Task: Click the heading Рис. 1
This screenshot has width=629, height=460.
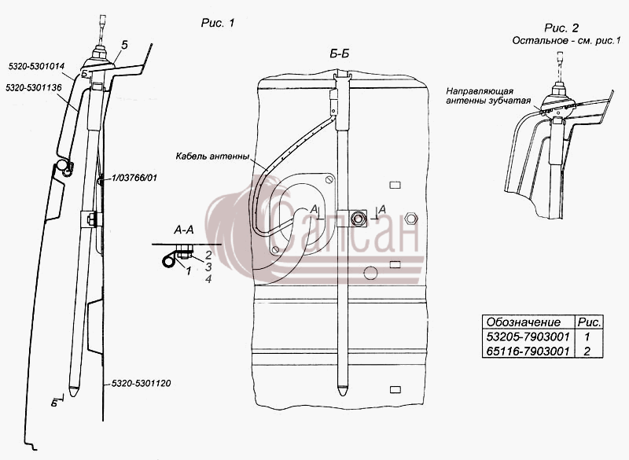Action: pyautogui.click(x=218, y=24)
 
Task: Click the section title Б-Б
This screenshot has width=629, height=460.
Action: pyautogui.click(x=340, y=54)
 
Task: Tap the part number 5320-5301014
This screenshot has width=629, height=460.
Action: pyautogui.click(x=36, y=66)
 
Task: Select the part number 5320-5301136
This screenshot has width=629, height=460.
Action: pyautogui.click(x=34, y=87)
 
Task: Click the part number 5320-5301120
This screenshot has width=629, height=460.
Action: pyautogui.click(x=142, y=384)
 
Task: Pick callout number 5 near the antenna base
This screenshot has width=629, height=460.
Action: pyautogui.click(x=124, y=46)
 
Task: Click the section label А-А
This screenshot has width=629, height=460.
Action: pyautogui.click(x=184, y=230)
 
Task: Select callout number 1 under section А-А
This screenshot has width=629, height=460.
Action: pyautogui.click(x=188, y=271)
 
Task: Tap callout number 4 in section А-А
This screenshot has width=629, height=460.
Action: pyautogui.click(x=208, y=279)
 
